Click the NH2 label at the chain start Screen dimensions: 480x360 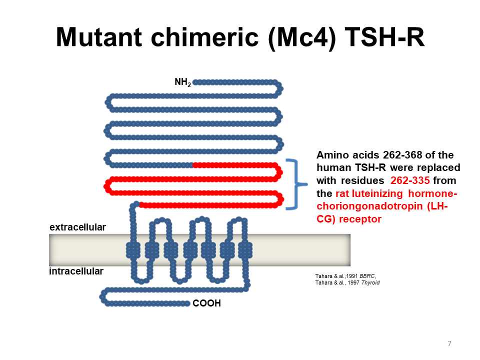click(183, 82)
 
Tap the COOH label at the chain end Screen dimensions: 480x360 click(206, 303)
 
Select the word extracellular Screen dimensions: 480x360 click(78, 227)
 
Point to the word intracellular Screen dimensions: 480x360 click(76, 271)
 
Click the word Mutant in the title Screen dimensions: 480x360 click(99, 37)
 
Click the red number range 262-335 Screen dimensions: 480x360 click(410, 180)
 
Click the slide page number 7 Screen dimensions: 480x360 click(449, 343)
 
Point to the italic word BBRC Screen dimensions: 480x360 click(367, 276)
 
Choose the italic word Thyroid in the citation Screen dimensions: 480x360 click(370, 283)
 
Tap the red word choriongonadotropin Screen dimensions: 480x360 click(370, 206)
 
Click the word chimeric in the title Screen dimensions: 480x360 click(205, 37)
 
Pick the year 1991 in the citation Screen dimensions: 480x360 click(352, 276)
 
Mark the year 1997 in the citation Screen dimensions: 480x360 click(353, 283)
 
